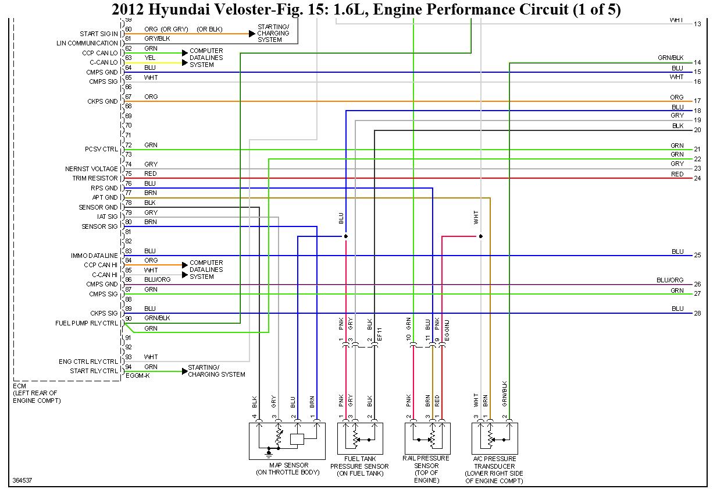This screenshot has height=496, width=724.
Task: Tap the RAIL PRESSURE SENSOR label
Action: [426, 466]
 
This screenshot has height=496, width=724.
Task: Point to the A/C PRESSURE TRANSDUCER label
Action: [494, 470]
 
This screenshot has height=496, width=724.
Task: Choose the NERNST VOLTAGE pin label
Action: [91, 169]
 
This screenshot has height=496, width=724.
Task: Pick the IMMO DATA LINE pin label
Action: [94, 256]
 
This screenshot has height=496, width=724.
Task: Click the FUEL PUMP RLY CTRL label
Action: [87, 323]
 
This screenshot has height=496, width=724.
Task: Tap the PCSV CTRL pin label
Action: [101, 150]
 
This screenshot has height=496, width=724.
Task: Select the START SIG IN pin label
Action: [99, 34]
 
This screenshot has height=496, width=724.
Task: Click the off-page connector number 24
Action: [697, 178]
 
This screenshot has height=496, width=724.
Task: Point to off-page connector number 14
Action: [697, 62]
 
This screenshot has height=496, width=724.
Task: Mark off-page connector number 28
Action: [697, 313]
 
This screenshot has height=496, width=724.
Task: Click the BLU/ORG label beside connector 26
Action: [670, 280]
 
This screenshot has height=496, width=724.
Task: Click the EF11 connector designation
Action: [379, 334]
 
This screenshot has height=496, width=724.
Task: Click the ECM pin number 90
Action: [129, 318]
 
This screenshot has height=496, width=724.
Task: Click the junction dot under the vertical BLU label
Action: [346, 236]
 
